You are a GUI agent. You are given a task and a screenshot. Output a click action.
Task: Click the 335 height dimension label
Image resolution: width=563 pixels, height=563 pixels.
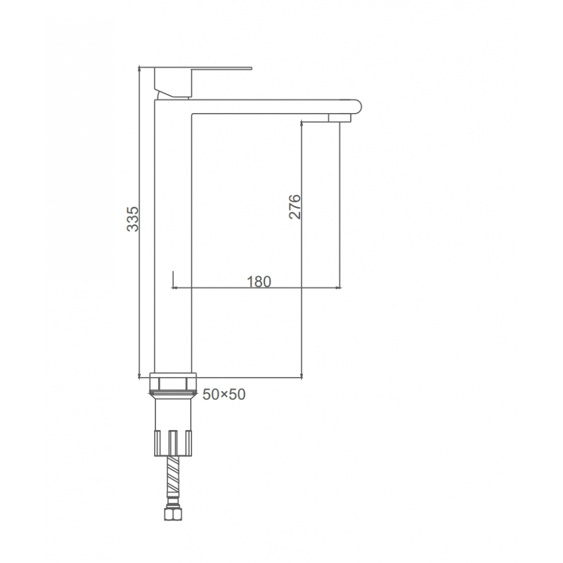point(132,218)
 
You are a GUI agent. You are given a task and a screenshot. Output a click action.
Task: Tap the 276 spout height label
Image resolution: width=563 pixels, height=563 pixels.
point(294,207)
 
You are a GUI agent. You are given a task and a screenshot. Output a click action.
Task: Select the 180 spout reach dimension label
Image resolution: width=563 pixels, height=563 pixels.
point(258,282)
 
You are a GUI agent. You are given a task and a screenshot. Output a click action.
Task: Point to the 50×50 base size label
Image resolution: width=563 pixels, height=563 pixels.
point(224,394)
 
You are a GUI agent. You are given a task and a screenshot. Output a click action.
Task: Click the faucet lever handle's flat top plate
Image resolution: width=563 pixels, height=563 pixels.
point(203,68)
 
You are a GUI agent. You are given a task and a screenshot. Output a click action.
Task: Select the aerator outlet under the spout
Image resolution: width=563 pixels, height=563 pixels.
point(339,118)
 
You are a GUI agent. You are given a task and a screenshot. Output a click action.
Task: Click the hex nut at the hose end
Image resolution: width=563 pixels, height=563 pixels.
point(173,514)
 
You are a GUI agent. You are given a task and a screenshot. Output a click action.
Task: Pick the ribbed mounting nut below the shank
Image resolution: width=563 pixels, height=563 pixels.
point(173,443)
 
